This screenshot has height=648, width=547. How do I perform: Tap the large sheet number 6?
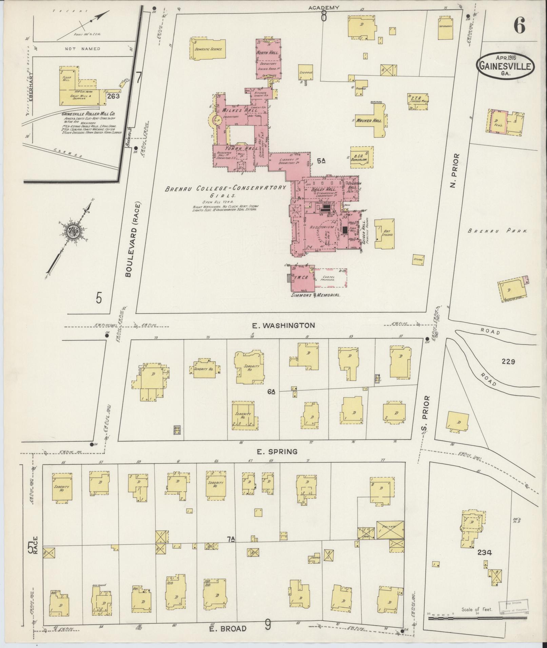pyautogui.click(x=519, y=26)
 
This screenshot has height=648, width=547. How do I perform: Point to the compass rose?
pyautogui.click(x=73, y=231)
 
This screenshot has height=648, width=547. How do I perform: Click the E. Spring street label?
pyautogui.click(x=277, y=452)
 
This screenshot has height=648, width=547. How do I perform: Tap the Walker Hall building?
pyautogui.click(x=374, y=121)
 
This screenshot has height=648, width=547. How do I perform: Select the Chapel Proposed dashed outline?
pyautogui.click(x=331, y=278)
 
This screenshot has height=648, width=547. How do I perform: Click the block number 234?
pyautogui.click(x=485, y=552)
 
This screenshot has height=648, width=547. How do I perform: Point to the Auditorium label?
pyautogui.click(x=321, y=227)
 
